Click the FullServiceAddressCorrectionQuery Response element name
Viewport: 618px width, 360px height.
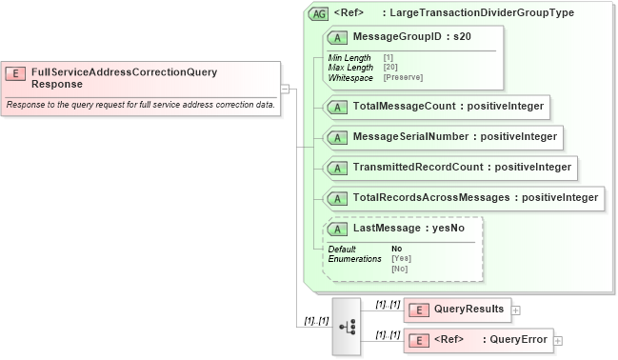(124, 77)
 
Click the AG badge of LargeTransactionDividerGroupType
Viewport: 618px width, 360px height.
(319, 14)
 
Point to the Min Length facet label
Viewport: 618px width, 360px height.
(349, 58)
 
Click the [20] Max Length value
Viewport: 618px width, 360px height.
(390, 68)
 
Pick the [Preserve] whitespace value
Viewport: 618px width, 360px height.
(403, 77)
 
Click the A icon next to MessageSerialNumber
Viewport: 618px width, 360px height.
(337, 137)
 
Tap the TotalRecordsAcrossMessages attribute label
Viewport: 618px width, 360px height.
(476, 198)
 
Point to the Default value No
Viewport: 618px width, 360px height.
(396, 249)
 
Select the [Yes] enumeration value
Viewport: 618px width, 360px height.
(401, 259)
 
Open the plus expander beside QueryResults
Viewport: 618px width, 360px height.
(515, 310)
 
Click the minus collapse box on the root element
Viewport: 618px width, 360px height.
(285, 89)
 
